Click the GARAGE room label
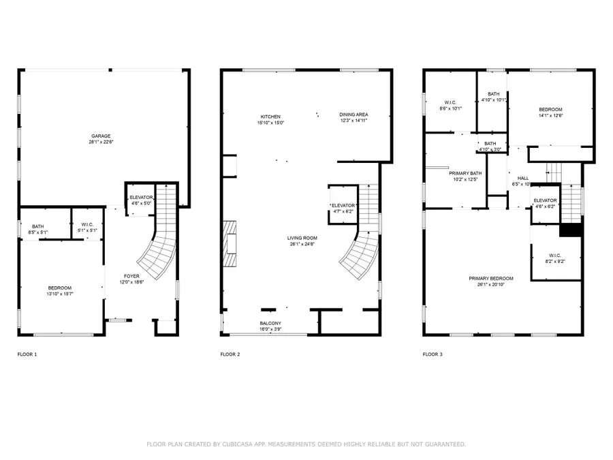point(99,136)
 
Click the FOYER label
point(131,276)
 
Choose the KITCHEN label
point(270,117)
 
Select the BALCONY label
point(270,323)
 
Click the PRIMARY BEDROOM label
point(490,278)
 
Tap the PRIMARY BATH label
point(465,173)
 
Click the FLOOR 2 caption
point(230,354)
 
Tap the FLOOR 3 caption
point(433,354)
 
